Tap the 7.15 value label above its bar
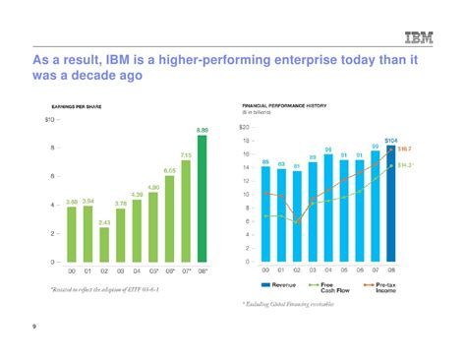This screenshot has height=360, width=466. pos(185,155)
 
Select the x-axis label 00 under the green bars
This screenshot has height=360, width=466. pos(72,270)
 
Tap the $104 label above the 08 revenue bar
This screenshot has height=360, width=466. pos(390,141)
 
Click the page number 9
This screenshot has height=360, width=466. pos(33,341)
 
